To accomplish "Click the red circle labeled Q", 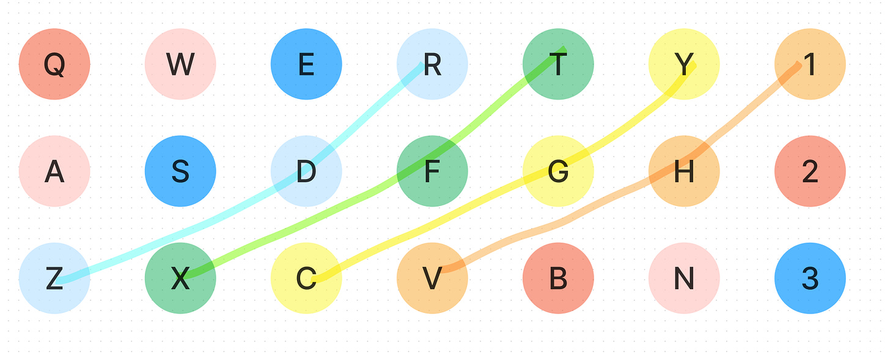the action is coord(54,64).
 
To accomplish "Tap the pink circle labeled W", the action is coord(180,64).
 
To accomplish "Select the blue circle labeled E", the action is coord(306,64).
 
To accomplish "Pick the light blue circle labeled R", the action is coord(432,64).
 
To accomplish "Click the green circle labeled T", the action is coord(558,64).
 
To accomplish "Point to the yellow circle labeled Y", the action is coord(684,64).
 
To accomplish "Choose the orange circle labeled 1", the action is coord(810,64).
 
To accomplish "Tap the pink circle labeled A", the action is coord(54,171).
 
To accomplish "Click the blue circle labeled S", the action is coord(180,171).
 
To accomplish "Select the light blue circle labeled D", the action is coord(306,171).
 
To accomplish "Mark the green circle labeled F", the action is coord(432,171).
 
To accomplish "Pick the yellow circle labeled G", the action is coord(558,171).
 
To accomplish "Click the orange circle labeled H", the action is coord(684,171).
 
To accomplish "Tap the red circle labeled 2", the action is coord(810,171).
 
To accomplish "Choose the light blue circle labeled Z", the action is coord(54,278).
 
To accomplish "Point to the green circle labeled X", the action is coord(180,278).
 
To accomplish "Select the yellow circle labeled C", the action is coord(306,278).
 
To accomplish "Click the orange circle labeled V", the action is coord(432,278).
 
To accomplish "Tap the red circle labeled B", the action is coord(558,278).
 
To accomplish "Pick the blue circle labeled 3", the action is coord(810,278).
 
